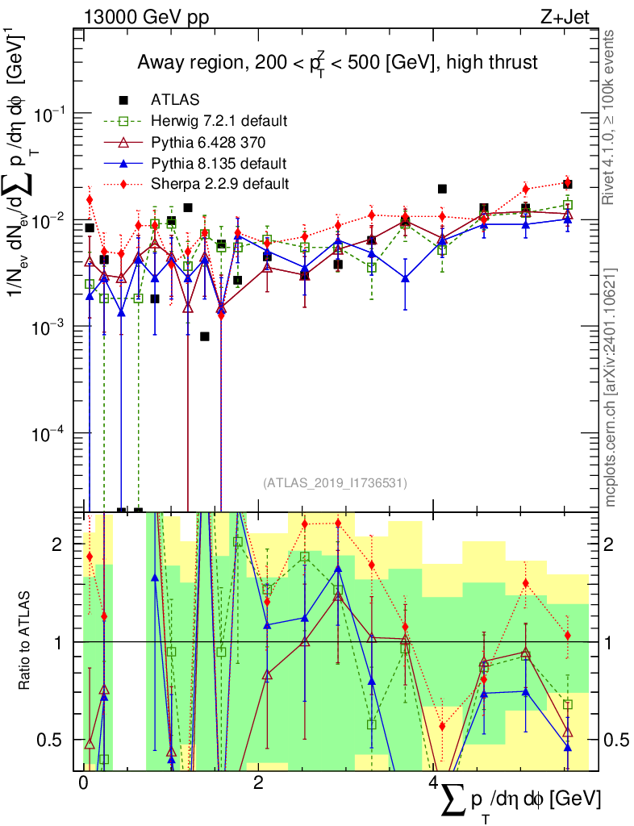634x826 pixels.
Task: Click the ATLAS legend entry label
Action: [175, 99]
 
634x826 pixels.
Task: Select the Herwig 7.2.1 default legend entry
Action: [219, 121]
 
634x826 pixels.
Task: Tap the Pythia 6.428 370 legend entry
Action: [208, 142]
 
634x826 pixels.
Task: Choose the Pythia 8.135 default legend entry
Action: [219, 163]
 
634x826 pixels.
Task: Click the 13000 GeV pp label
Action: [146, 17]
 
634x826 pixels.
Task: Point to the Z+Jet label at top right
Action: [565, 17]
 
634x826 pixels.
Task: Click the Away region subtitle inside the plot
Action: [337, 63]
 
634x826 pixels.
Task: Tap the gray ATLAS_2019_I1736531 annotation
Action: [335, 482]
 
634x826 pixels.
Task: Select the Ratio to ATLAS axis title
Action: [24, 640]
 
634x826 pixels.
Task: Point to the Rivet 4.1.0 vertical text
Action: [608, 117]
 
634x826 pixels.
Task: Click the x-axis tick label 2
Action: [258, 782]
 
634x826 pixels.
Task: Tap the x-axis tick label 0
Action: [82, 782]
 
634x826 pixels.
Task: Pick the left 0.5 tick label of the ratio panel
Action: [49, 740]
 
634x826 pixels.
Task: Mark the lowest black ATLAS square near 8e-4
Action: [205, 336]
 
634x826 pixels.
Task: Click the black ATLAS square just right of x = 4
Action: [442, 189]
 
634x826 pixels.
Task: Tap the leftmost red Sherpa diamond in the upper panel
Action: [90, 199]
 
